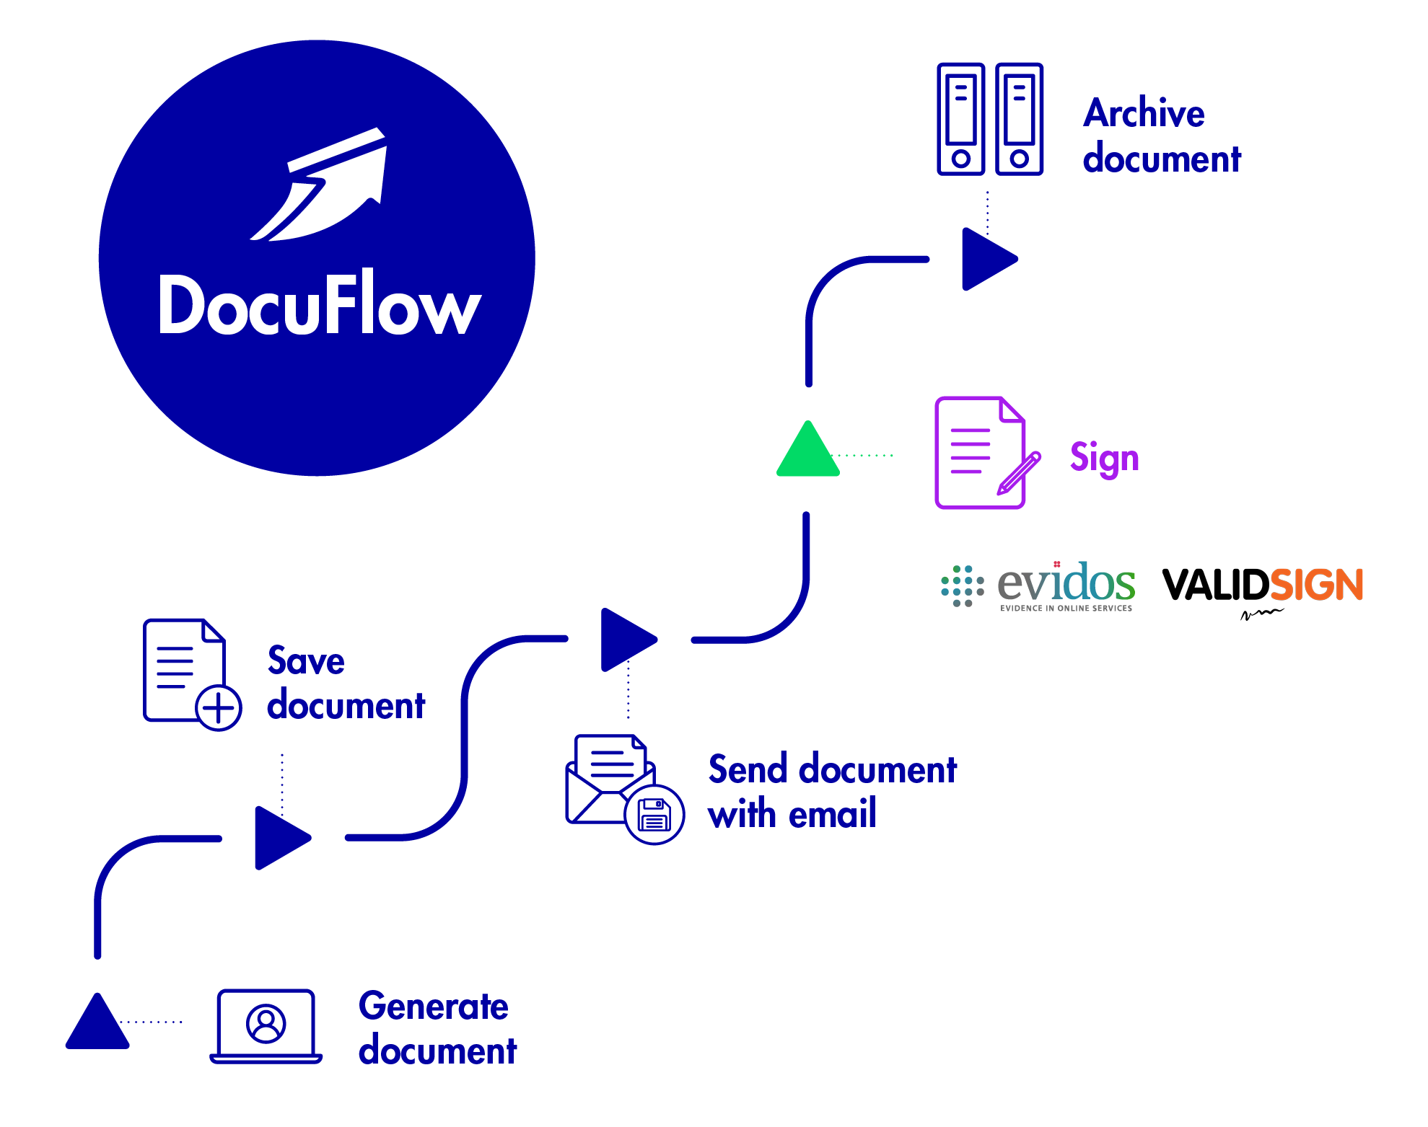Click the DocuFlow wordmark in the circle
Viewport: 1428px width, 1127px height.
pos(319,304)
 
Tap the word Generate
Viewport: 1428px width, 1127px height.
pos(433,1007)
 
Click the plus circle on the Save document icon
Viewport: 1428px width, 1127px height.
pos(219,708)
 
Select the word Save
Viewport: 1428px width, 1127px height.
pos(306,661)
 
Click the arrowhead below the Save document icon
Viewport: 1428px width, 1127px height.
pos(280,838)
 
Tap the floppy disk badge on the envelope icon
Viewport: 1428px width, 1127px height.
pos(654,815)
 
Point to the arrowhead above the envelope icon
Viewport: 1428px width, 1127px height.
pos(626,640)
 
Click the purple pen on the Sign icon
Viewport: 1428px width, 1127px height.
pos(1019,474)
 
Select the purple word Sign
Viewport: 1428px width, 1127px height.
pos(1104,459)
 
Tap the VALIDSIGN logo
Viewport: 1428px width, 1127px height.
pos(1262,585)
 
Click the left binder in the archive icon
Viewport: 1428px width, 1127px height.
pos(960,119)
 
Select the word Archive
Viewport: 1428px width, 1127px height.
pos(1144,114)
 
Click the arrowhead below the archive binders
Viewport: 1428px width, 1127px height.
pos(987,259)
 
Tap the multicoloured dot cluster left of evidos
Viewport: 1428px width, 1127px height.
pos(962,586)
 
